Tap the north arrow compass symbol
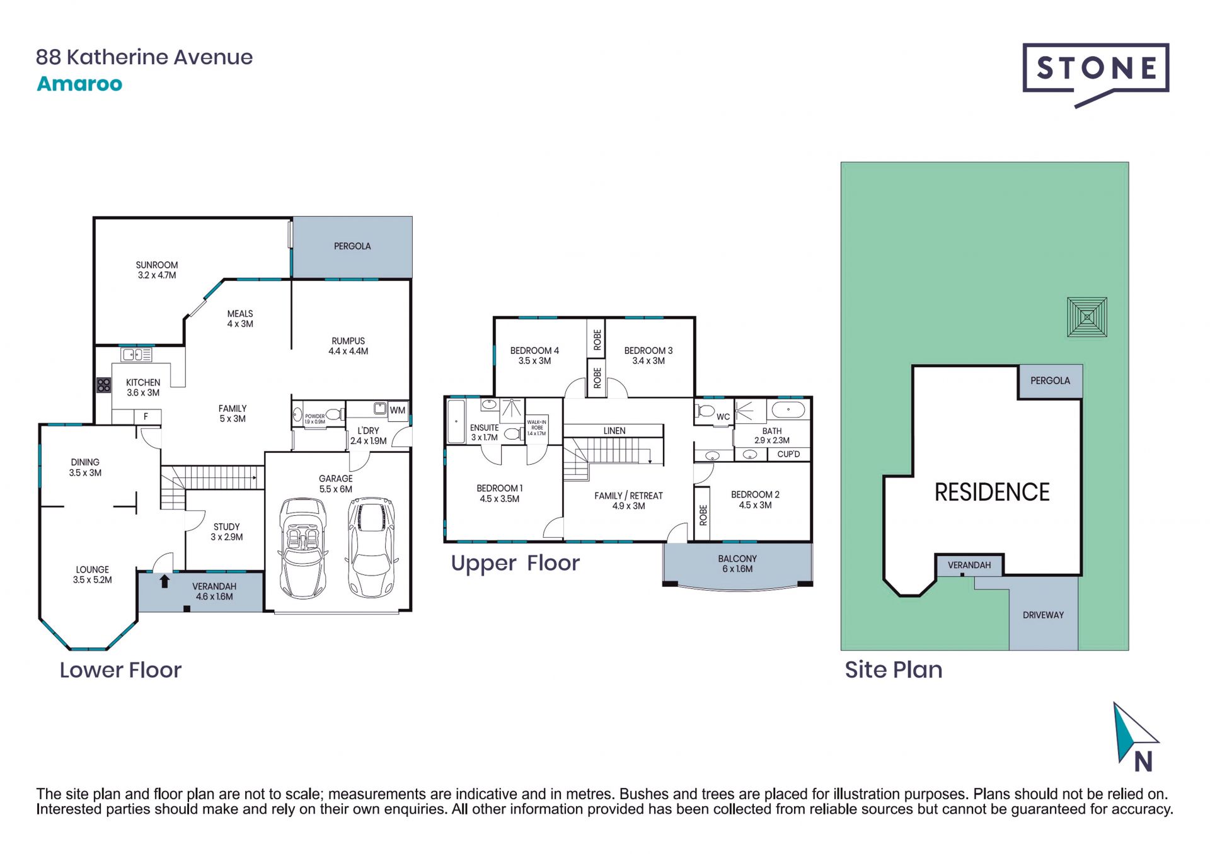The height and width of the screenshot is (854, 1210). pos(1136,737)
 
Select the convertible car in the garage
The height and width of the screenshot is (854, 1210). pos(302,548)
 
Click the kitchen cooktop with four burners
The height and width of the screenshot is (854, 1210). pos(104,385)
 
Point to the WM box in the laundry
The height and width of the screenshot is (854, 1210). pos(398,411)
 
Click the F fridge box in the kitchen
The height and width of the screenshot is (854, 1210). pos(146,416)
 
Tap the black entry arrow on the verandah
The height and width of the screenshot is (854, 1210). pos(164,581)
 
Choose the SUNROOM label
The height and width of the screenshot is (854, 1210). pos(157,265)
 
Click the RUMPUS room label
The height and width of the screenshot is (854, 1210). pos(349,341)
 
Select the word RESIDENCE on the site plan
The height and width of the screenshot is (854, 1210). pos(992,492)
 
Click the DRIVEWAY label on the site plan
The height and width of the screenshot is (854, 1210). pos(1043,615)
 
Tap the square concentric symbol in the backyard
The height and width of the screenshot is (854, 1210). pos(1087,317)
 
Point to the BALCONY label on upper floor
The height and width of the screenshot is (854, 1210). pos(737,559)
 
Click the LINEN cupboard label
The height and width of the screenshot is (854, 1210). pos(614,431)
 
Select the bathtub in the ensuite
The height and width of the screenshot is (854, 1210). pos(456,421)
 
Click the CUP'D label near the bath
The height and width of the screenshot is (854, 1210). pos(788,454)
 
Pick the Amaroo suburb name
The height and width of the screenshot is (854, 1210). pos(79,84)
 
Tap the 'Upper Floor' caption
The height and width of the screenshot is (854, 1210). pos(515,563)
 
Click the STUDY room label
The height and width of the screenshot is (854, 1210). pos(226,527)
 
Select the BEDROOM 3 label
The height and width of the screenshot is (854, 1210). pos(648,351)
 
